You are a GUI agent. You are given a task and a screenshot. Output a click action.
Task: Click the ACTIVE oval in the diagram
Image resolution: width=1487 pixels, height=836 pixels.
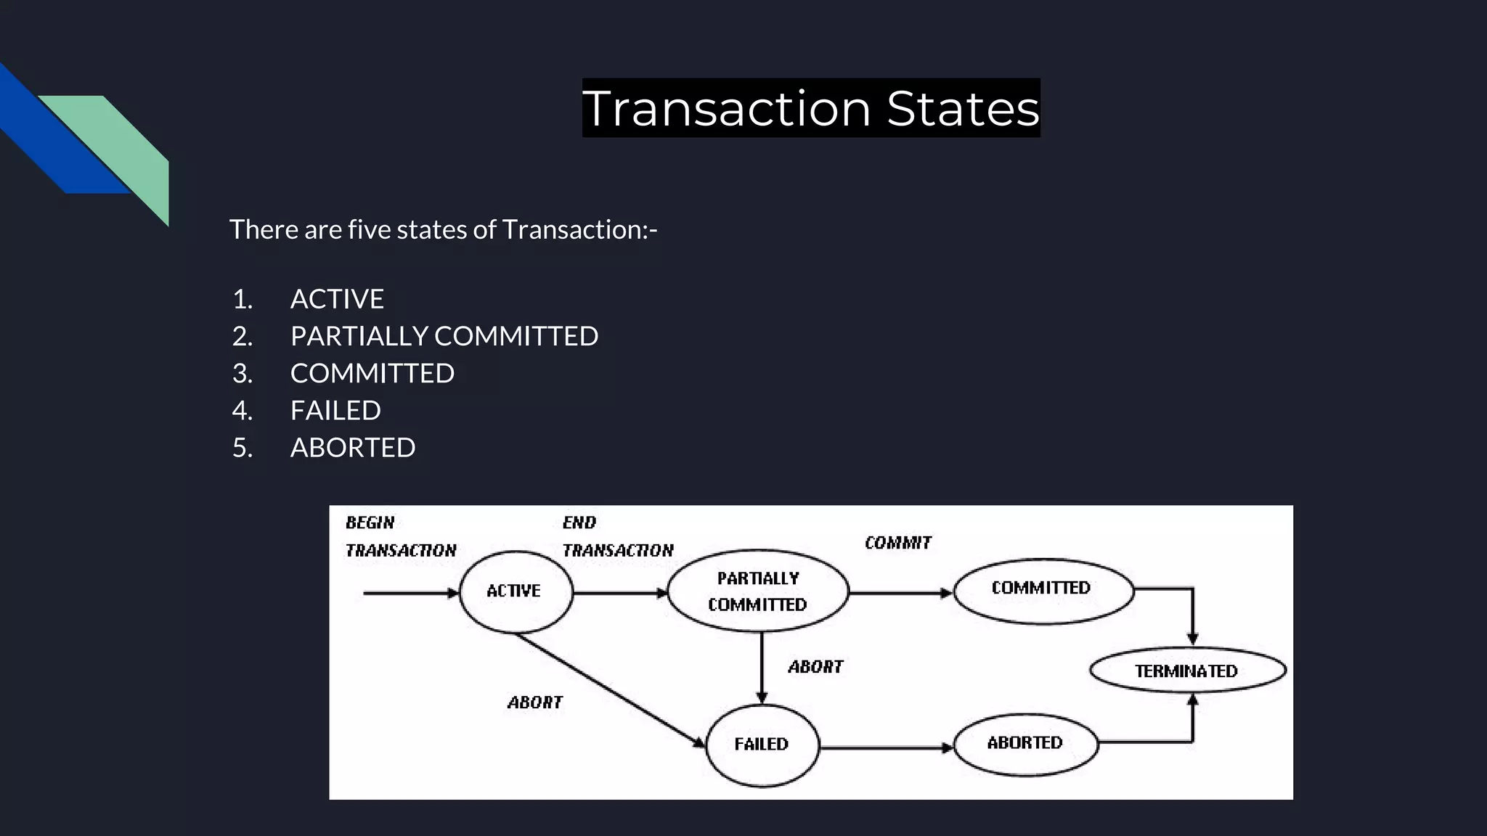point(516,591)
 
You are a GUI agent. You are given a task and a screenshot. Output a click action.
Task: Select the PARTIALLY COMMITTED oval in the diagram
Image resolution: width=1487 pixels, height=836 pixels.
point(757,591)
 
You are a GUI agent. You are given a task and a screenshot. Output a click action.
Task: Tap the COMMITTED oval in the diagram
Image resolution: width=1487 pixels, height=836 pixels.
point(1043,589)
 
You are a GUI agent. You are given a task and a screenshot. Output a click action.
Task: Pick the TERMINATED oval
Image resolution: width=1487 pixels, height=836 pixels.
point(1187,671)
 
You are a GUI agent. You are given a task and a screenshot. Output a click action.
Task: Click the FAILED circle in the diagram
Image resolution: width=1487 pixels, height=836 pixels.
point(762,745)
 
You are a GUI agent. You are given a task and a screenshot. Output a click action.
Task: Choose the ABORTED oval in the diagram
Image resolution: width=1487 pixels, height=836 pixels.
point(1024,743)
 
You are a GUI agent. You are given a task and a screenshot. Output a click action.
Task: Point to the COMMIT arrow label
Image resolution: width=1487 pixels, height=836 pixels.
point(897,543)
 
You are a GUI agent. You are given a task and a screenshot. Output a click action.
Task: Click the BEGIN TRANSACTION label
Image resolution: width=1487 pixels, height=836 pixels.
point(400,536)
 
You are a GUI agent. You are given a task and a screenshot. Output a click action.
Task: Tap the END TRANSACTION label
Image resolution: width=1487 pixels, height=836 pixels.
point(617,536)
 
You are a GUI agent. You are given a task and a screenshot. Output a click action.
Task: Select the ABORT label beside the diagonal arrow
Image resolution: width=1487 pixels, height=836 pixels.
point(535,702)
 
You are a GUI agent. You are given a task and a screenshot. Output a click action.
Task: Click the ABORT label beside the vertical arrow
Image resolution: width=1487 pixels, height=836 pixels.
point(815,667)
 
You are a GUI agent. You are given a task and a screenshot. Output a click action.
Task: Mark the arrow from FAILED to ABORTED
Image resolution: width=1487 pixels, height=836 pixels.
point(886,747)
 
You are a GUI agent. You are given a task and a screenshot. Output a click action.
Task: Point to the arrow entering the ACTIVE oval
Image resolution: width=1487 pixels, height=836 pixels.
point(410,593)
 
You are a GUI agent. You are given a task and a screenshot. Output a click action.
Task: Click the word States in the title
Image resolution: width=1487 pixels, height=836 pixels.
point(963,109)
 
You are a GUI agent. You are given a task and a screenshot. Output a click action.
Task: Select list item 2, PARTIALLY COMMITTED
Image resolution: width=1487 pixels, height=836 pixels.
point(444,336)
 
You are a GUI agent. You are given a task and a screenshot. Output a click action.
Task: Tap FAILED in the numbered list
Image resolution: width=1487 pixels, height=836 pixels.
point(335,411)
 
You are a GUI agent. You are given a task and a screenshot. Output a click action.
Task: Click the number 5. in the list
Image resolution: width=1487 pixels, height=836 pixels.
point(243,448)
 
